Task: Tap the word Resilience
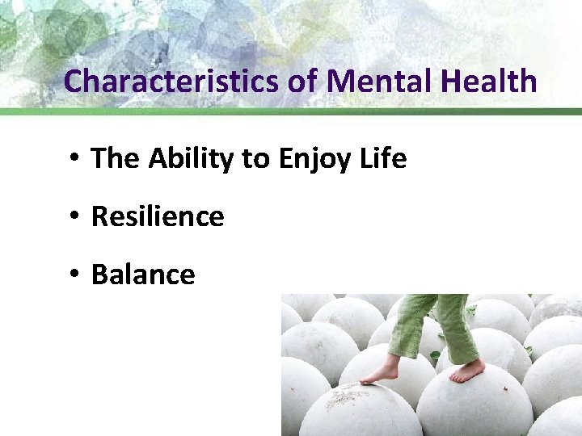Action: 158,216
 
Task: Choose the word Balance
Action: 143,275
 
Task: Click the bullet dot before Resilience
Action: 73,216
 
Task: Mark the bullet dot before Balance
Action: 73,275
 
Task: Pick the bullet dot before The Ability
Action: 73,158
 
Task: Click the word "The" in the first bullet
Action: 116,158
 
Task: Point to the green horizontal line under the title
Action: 291,111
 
